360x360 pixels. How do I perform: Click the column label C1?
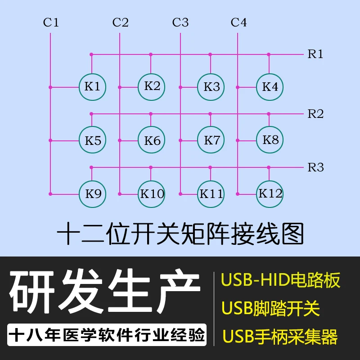coord(51,22)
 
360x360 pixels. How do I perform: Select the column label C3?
coord(180,22)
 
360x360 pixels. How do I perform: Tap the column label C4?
coord(238,22)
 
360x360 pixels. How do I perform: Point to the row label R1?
coord(315,54)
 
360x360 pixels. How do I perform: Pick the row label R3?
coord(315,167)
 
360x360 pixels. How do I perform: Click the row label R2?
coord(315,114)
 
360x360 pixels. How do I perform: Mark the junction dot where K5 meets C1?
coord(50,140)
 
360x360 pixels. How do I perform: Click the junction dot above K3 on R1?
coord(210,54)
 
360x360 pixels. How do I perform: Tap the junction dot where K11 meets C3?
coord(180,194)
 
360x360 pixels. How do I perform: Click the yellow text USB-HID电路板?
coord(280,280)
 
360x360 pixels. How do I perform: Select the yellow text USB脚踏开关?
coord(271,308)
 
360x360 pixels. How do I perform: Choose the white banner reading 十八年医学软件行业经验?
coord(107,335)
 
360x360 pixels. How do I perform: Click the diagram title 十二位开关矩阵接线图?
coord(180,234)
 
